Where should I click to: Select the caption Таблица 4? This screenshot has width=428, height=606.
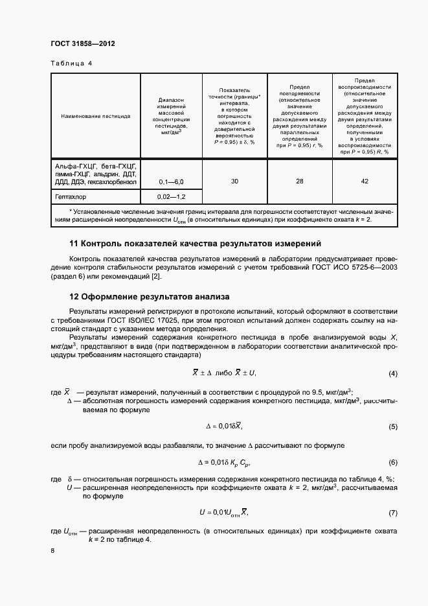pos(71,64)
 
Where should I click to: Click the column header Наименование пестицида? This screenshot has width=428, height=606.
pos(96,117)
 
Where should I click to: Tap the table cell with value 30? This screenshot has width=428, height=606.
pos(234,181)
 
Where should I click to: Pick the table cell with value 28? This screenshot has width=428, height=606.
pos(299,181)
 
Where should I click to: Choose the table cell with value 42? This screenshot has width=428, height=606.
pos(365,181)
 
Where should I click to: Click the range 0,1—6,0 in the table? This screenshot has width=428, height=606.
pos(171,183)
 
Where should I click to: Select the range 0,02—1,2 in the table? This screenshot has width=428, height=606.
pos(171,196)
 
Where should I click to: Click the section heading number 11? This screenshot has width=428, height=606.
pos(74,244)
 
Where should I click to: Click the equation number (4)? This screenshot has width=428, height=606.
pos(392,374)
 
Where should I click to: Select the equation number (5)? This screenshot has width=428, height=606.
pos(392,426)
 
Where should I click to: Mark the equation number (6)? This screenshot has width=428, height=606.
pos(392,462)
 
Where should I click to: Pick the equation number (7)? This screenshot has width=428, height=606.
pos(392,513)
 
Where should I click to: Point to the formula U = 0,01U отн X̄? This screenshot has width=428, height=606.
pos(223,513)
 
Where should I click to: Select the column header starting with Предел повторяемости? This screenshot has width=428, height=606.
pos(299,117)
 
